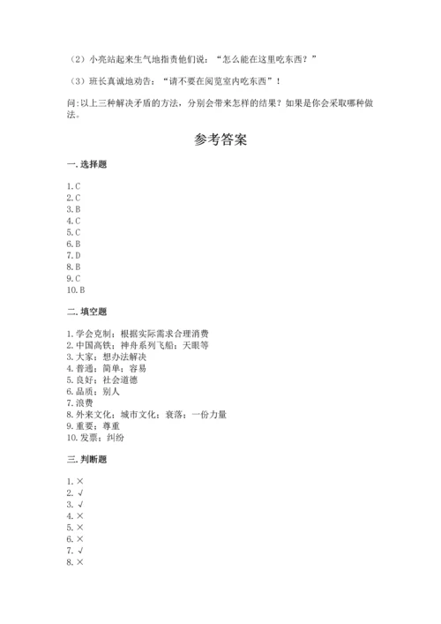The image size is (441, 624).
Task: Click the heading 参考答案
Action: (x=220, y=140)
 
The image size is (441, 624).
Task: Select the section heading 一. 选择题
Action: (x=86, y=165)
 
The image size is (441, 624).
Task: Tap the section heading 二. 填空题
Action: (x=86, y=312)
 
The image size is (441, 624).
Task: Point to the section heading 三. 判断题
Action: (x=86, y=459)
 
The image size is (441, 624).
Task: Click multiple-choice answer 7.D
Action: (x=73, y=255)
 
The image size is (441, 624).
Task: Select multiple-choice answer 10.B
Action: (x=75, y=289)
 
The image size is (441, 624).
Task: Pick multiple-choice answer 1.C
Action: (x=73, y=186)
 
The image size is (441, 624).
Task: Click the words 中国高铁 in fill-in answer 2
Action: (x=92, y=345)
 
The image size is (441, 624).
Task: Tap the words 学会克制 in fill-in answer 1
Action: (x=92, y=334)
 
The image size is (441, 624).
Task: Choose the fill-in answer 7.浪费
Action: (x=79, y=402)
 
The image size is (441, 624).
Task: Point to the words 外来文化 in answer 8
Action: (x=92, y=414)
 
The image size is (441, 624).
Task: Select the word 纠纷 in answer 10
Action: (x=116, y=437)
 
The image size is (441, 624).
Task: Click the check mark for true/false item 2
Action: (x=79, y=493)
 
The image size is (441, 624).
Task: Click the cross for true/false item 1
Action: (x=79, y=482)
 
